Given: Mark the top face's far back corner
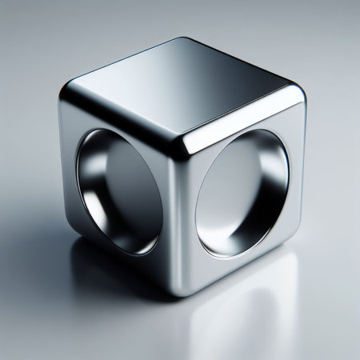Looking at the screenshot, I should coord(186,40).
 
